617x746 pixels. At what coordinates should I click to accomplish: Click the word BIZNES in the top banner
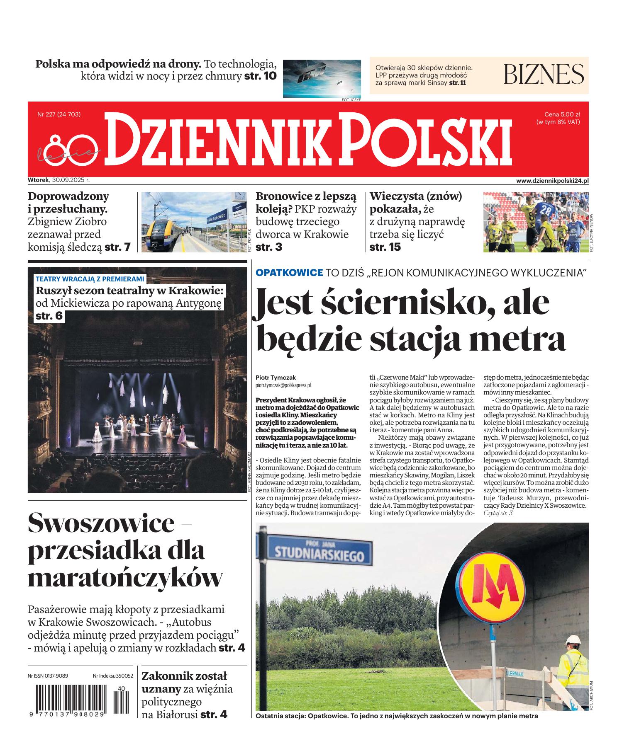pos(544,74)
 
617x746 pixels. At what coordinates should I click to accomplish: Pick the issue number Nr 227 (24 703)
pos(59,114)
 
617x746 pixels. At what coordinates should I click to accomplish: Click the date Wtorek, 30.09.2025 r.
pos(59,180)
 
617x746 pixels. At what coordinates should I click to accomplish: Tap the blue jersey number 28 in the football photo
pos(547,211)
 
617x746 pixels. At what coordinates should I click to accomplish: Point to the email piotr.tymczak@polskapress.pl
pos(283,385)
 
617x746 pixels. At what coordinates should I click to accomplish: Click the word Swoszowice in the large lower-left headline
pos(101,523)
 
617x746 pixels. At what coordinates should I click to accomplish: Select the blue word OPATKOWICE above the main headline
pos(289,273)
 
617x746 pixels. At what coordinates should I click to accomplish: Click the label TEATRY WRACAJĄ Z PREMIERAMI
pos(90,279)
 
